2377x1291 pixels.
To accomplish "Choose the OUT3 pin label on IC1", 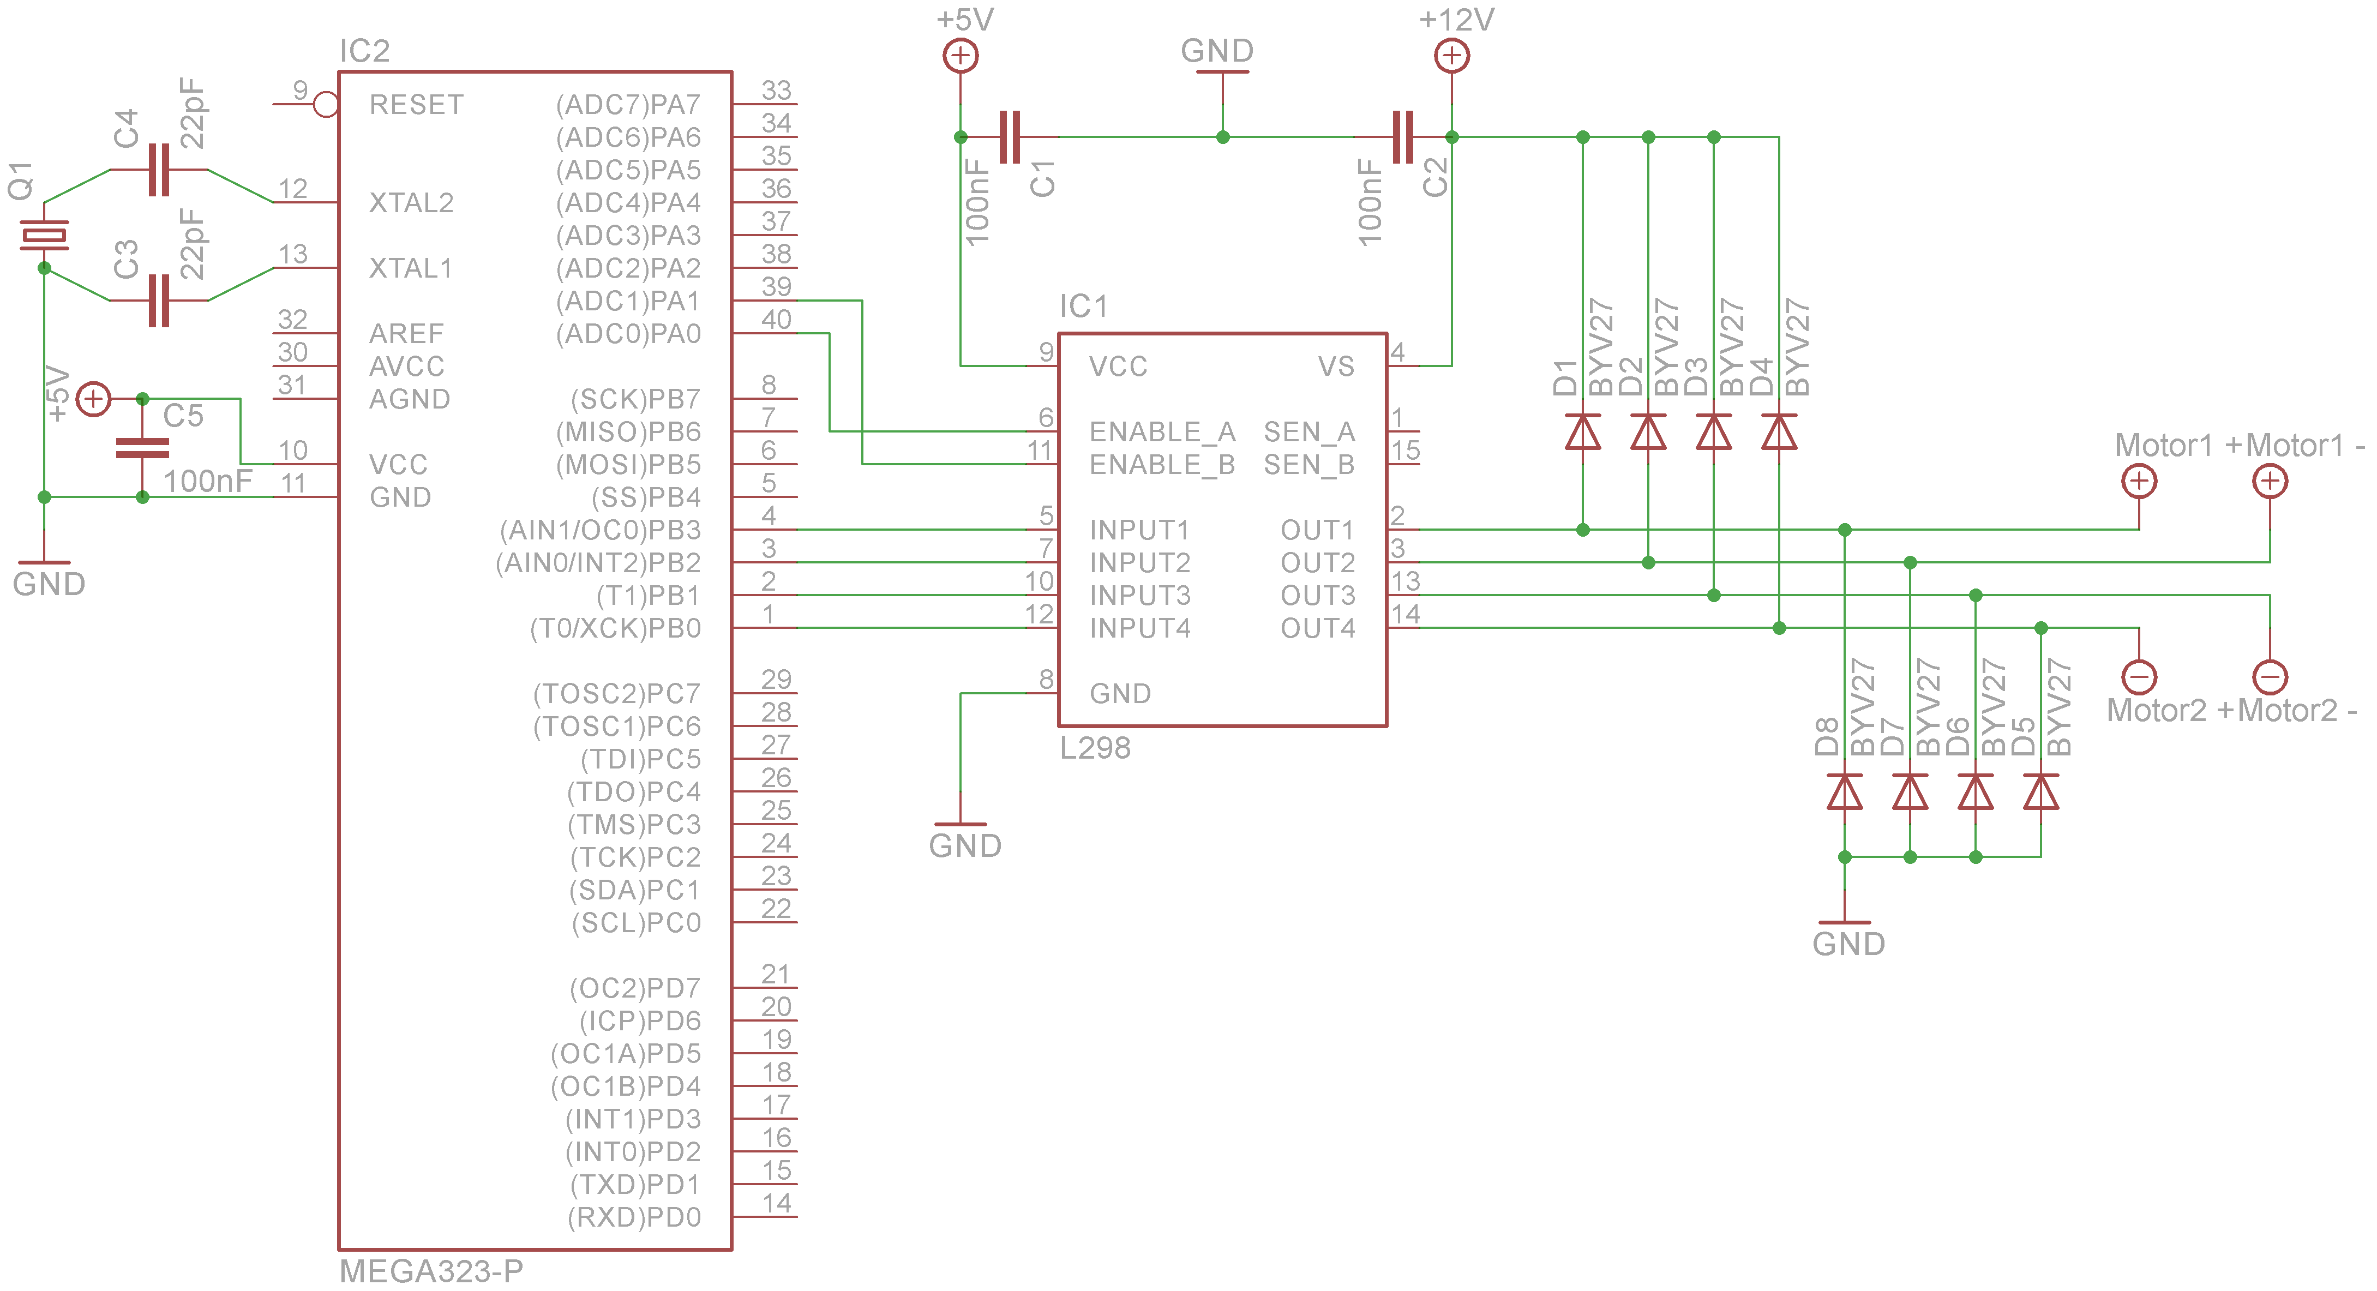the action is pos(1318,595).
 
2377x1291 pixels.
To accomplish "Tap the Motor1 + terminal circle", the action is pos(2139,481).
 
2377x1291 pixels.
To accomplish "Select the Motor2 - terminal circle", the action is pos(2270,677).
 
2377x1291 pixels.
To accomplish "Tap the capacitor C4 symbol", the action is pos(159,170).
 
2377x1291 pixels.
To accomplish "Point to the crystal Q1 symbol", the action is pos(44,235).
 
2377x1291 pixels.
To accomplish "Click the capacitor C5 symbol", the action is pos(142,448).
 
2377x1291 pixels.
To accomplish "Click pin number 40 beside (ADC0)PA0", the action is pos(776,319).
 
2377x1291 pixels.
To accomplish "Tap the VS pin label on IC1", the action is pos(1336,367).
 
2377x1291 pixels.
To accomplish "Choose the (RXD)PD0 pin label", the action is pos(634,1217).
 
